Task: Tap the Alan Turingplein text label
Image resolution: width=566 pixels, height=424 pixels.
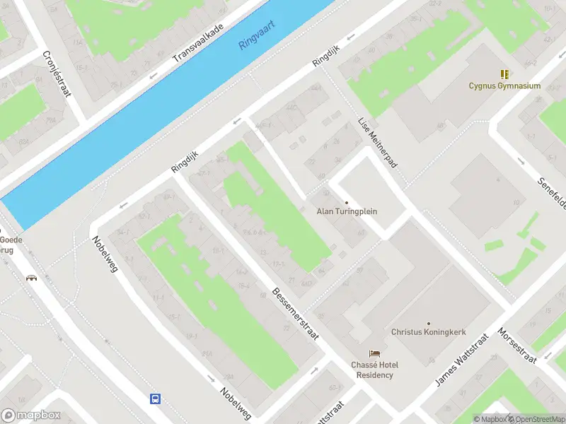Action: coord(347,211)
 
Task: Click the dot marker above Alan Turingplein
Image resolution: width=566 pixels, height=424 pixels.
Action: coord(347,202)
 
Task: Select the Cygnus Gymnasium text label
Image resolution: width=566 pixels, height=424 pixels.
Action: coord(504,86)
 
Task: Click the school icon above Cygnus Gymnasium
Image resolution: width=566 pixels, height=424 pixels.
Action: coord(504,74)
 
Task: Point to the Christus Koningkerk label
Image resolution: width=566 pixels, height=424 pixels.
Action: coord(427,331)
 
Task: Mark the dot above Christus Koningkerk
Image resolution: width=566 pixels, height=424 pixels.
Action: coord(427,322)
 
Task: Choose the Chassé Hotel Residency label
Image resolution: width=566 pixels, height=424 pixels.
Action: coord(374,370)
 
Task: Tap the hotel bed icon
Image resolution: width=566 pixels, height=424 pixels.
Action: coord(374,353)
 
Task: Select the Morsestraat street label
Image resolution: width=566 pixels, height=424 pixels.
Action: coord(517,345)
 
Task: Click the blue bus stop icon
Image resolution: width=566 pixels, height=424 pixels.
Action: coord(154,399)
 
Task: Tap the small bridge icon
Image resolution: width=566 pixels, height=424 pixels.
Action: coord(31,278)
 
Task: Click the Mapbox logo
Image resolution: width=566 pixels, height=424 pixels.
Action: coord(30,416)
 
